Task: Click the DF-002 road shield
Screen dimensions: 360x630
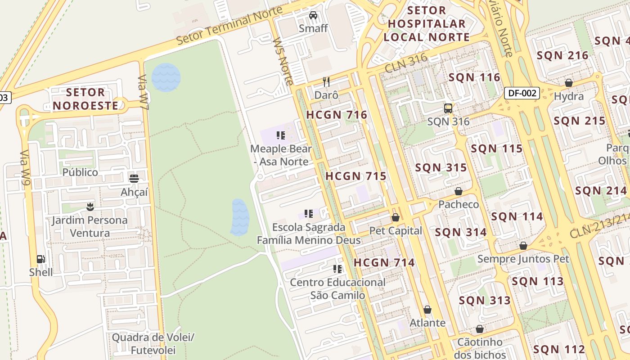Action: coord(522,93)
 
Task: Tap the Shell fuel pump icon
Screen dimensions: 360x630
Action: coord(41,259)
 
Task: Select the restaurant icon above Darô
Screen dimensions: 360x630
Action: coord(326,82)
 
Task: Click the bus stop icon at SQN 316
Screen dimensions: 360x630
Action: coord(448,108)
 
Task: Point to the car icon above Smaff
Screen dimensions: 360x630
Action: coord(313,15)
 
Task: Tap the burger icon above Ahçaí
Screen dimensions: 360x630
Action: coord(134,178)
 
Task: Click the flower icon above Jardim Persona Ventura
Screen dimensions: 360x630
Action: coord(90,207)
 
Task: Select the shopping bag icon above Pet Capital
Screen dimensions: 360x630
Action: coord(396,217)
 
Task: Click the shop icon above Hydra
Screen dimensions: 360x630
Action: coord(569,83)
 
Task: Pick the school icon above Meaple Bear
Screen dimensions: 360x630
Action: coord(281,135)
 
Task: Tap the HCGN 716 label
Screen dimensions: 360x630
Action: coord(337,115)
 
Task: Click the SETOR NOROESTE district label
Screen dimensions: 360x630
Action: coord(85,99)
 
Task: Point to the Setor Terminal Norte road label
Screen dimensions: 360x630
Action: coord(229,25)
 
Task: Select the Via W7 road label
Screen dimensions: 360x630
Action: coord(143,93)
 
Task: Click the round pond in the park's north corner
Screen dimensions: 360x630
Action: coord(166,77)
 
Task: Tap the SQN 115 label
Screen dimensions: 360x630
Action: coord(497,148)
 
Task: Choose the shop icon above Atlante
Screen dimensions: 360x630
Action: coord(427,310)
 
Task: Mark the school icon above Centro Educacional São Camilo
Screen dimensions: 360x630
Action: coord(337,269)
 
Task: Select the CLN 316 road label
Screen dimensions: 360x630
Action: coord(406,63)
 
